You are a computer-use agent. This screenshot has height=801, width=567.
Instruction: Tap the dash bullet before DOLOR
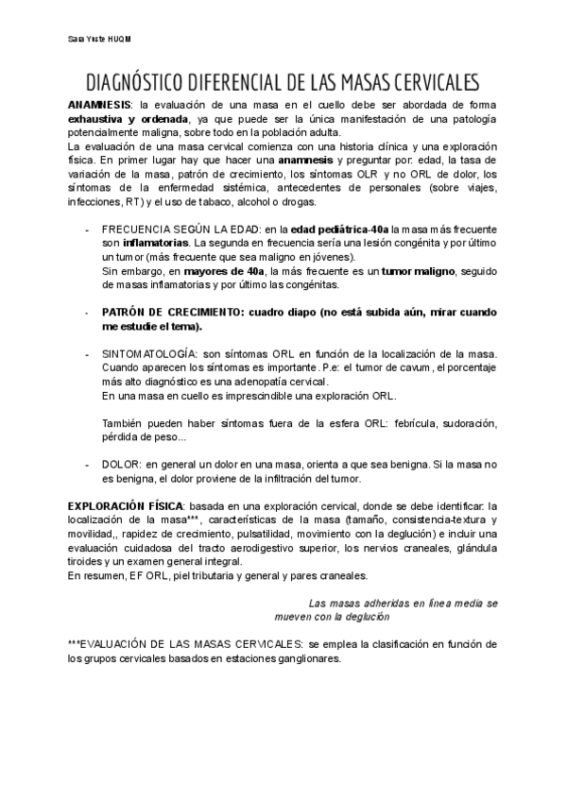[x=87, y=466]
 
